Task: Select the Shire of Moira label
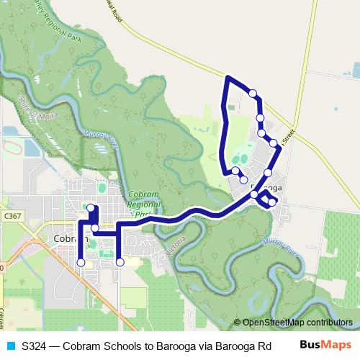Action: click(35, 111)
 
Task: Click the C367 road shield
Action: click(12, 215)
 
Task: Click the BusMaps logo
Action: click(325, 345)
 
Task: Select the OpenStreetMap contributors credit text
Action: click(297, 323)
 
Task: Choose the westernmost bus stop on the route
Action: click(81, 263)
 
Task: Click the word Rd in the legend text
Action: click(252, 346)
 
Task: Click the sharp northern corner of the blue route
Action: click(228, 76)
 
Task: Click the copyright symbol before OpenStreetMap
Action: click(238, 323)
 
